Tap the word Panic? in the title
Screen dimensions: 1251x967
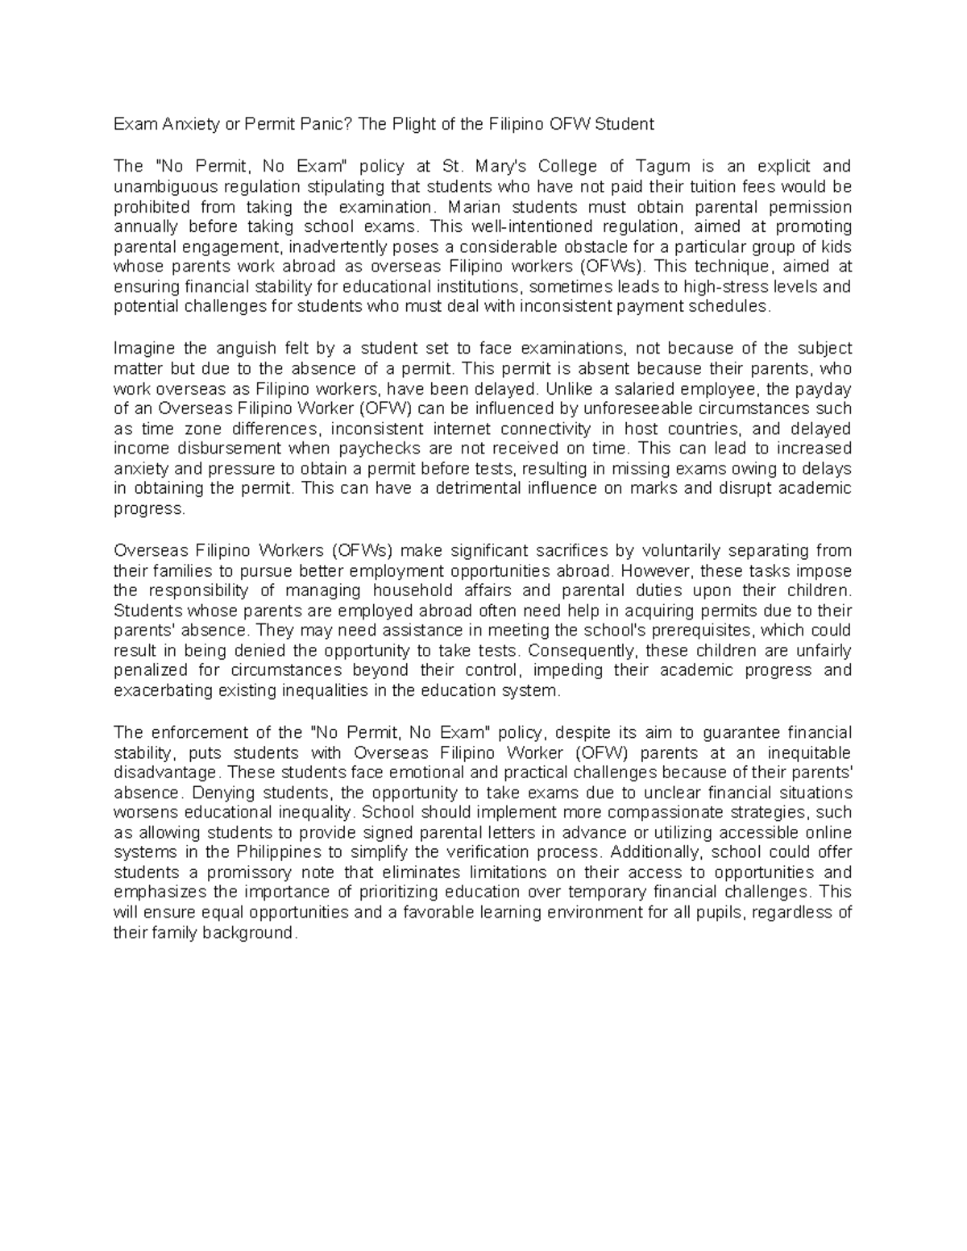(328, 124)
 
